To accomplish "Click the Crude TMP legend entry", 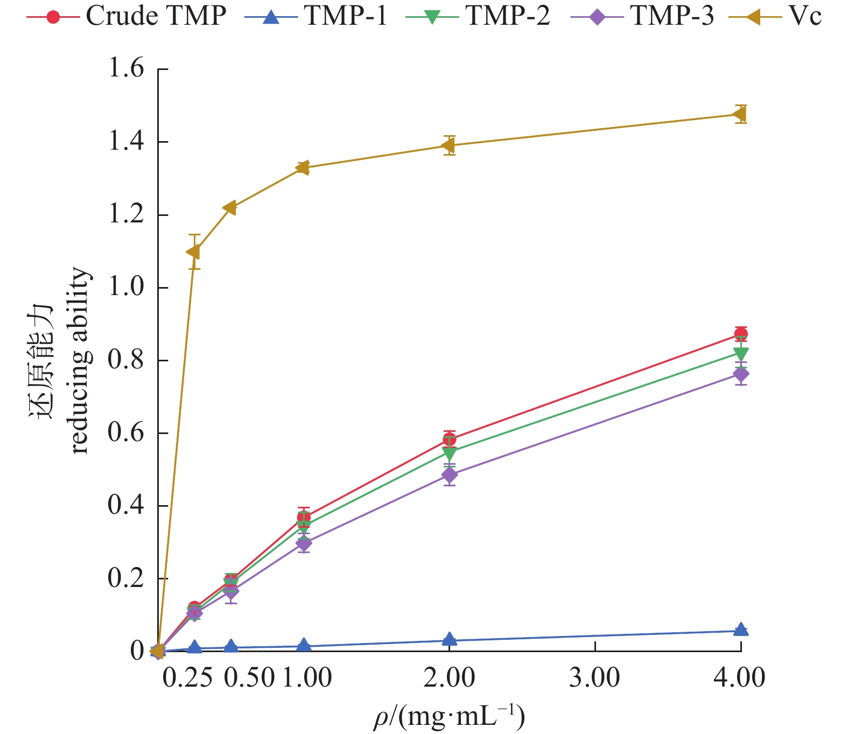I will pyautogui.click(x=127, y=17).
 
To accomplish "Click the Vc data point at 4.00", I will pyautogui.click(x=740, y=114).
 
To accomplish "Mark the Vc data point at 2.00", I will pyautogui.click(x=449, y=145).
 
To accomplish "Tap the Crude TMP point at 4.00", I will pyautogui.click(x=741, y=334).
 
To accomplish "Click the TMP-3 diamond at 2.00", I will pyautogui.click(x=450, y=474).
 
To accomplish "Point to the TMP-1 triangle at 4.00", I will pyautogui.click(x=741, y=630).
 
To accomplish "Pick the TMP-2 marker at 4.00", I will pyautogui.click(x=741, y=354).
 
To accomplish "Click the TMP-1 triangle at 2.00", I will pyautogui.click(x=450, y=639).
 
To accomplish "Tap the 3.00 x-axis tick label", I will pyautogui.click(x=594, y=677).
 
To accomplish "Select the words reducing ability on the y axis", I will pyautogui.click(x=80, y=361).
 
